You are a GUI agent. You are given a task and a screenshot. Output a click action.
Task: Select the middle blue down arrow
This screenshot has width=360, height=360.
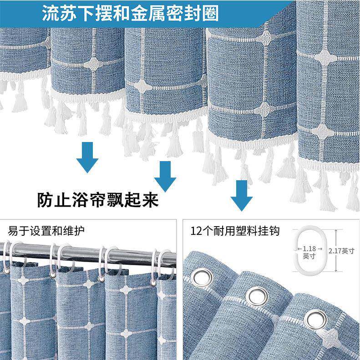click(x=165, y=177)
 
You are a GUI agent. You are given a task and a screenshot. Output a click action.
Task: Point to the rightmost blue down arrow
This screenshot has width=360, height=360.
click(x=241, y=195)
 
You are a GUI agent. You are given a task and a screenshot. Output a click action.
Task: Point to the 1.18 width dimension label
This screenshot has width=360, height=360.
click(x=309, y=248)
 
